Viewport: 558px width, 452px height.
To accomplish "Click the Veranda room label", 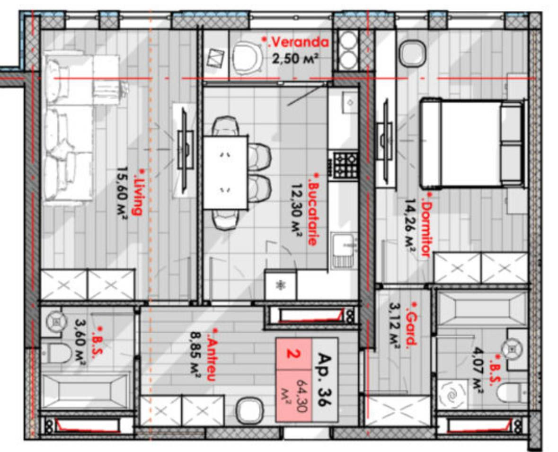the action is (x=295, y=42).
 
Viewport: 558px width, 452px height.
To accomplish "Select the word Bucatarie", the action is (x=312, y=210).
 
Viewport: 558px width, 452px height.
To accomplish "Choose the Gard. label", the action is (x=411, y=324).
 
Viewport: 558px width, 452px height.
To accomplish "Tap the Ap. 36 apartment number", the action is (x=324, y=380).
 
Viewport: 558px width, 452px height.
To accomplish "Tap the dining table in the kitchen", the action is (x=225, y=173).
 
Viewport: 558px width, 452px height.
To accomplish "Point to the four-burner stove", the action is (x=344, y=164).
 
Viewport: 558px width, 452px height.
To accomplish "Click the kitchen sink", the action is (x=344, y=250).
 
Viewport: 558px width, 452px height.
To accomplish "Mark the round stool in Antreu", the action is (x=250, y=410).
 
